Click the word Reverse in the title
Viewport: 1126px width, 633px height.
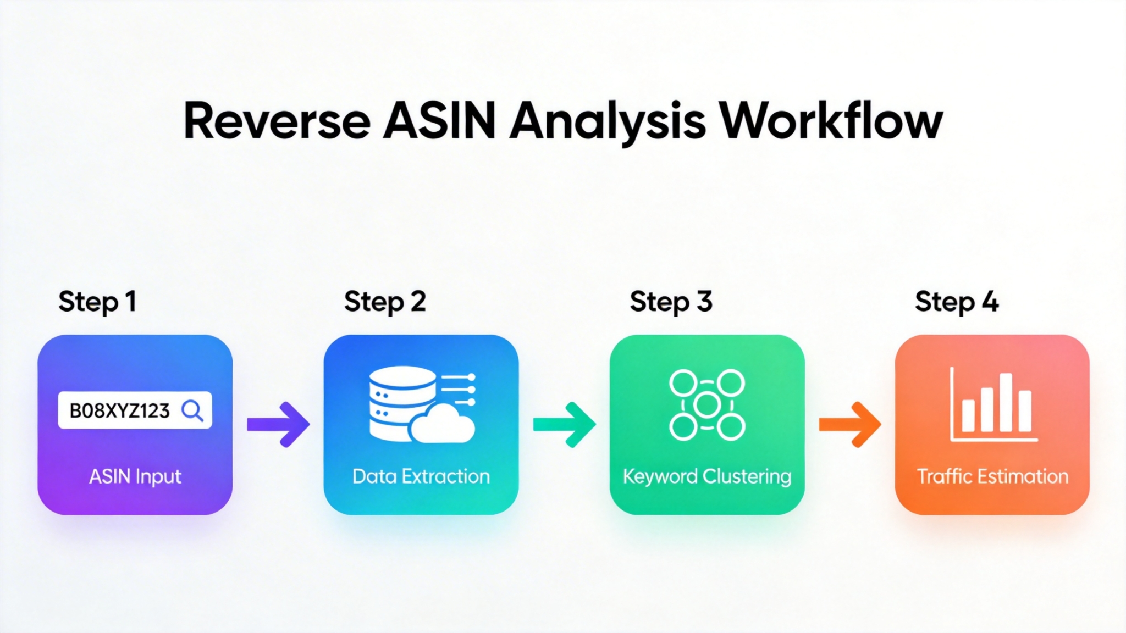coord(277,121)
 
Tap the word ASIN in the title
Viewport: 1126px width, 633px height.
coord(439,121)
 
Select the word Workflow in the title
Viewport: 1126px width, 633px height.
coord(831,121)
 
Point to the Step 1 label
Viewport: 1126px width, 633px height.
coord(97,302)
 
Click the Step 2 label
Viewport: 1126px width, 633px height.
coord(385,302)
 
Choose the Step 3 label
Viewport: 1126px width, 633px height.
coord(671,302)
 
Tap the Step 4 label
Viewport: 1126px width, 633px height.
coord(957,302)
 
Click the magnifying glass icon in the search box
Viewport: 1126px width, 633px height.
coord(192,410)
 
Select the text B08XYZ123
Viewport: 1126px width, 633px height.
coord(119,410)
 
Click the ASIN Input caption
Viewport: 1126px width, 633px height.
coord(135,476)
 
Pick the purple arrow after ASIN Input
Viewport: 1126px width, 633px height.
coord(278,424)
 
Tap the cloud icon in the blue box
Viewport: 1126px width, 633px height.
coord(443,424)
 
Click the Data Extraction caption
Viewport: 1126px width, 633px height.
coord(421,476)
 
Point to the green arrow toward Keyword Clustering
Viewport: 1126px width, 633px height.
coord(565,424)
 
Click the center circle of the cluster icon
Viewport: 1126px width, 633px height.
coord(707,405)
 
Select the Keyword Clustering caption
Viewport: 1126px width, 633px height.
coord(707,476)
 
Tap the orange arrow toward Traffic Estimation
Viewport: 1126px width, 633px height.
coord(850,424)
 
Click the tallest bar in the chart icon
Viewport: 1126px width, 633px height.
coord(1006,402)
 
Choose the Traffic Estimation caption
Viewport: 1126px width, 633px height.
coord(992,476)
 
